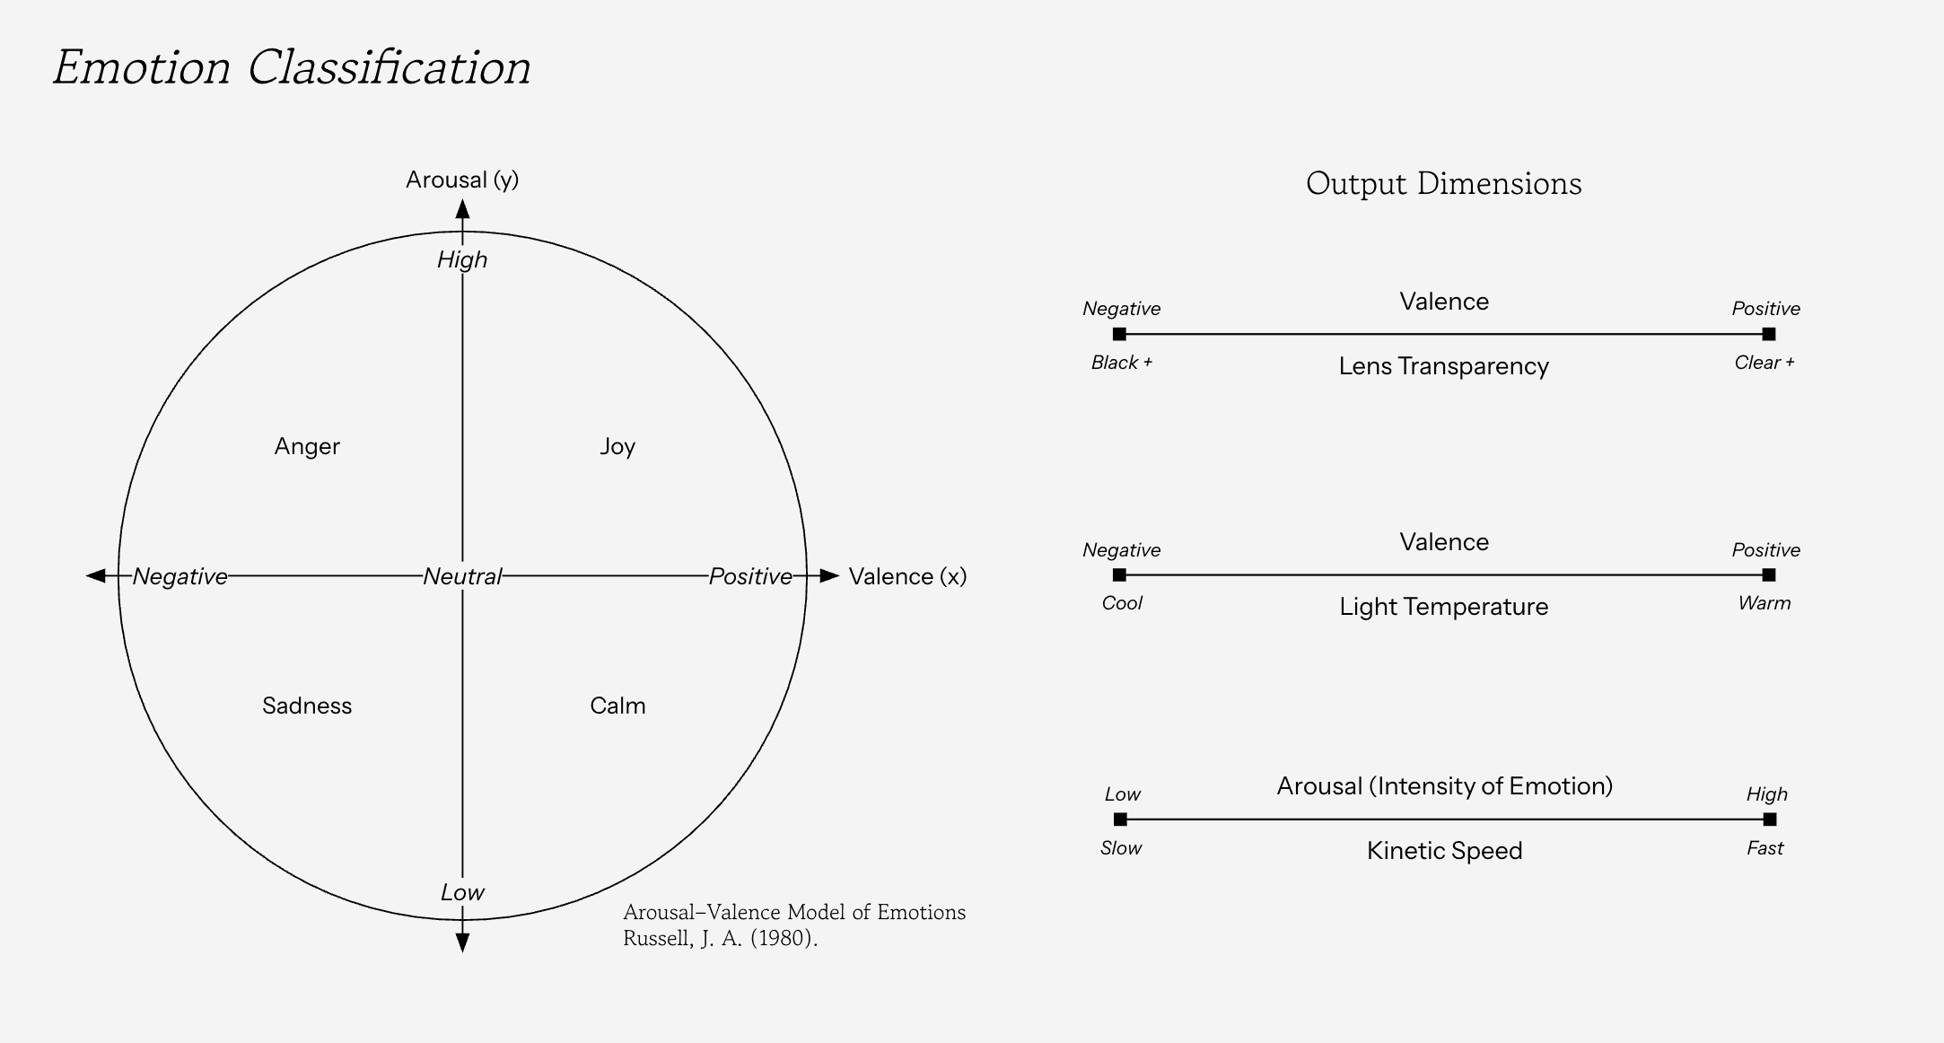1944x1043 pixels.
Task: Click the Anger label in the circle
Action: [x=307, y=446]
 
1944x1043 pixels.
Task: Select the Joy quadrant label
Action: [x=617, y=446]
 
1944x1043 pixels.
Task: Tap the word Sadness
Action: [x=307, y=706]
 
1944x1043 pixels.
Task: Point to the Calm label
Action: [x=617, y=706]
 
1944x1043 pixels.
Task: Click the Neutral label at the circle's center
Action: [x=462, y=576]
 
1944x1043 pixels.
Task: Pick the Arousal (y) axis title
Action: [x=462, y=180]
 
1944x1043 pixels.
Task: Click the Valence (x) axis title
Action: [x=907, y=576]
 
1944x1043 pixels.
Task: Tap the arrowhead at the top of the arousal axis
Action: [x=462, y=210]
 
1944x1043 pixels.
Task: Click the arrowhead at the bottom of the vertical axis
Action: [x=462, y=942]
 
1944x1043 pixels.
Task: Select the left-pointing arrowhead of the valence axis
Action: [x=96, y=575]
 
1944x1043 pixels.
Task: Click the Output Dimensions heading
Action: [x=1443, y=183]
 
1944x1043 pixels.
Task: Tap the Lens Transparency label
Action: [x=1443, y=366]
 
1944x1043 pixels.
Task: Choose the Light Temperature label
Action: [x=1443, y=607]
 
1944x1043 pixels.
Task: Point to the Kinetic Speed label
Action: [x=1443, y=851]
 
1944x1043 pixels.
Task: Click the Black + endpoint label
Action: [x=1121, y=363]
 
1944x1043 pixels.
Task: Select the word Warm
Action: [x=1764, y=603]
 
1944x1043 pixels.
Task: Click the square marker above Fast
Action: [x=1769, y=819]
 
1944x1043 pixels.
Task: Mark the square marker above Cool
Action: [x=1119, y=574]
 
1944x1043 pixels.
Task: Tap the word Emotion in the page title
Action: [x=142, y=68]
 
